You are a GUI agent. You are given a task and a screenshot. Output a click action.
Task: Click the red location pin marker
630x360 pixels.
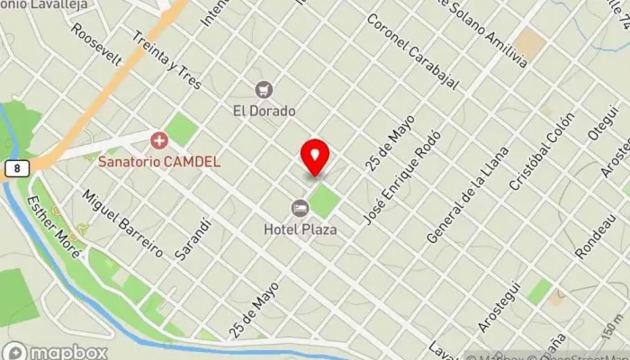click(x=315, y=157)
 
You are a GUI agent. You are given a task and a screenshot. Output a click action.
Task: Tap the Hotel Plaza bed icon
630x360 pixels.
click(x=300, y=208)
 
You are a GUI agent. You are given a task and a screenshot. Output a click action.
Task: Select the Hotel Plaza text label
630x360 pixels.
click(x=301, y=229)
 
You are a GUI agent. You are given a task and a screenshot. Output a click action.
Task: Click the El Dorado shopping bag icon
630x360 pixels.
click(x=264, y=89)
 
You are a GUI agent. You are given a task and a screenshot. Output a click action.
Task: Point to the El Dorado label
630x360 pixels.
click(x=264, y=111)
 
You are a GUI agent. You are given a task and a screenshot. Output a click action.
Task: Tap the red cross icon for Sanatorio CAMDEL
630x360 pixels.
click(x=159, y=139)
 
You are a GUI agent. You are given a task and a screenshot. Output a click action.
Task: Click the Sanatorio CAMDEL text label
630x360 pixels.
click(x=158, y=162)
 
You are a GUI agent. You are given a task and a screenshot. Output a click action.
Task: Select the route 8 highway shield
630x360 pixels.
click(x=16, y=168)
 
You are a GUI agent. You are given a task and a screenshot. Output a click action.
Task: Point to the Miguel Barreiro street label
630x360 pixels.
click(x=122, y=222)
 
